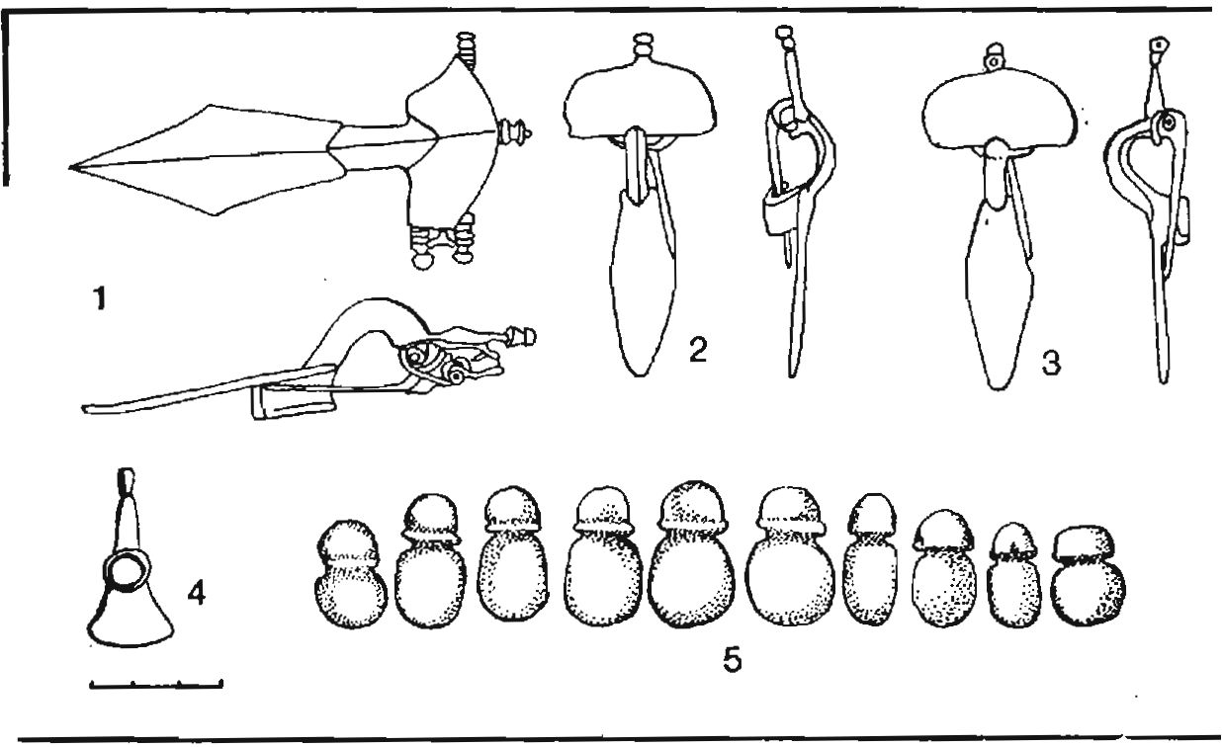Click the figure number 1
pos(99,299)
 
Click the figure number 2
pos(698,350)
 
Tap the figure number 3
pos(1051,363)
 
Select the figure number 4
pos(196,593)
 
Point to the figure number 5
pos(732,660)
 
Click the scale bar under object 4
pos(156,685)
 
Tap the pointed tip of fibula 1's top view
pos(71,167)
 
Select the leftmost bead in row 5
pos(351,574)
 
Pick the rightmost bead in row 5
pos(1087,575)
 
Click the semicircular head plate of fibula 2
pos(640,105)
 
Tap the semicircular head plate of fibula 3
pos(1000,109)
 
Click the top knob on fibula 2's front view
pos(644,44)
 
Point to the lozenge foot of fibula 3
pos(1000,294)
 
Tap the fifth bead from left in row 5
pos(691,554)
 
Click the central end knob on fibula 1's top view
pos(513,132)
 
